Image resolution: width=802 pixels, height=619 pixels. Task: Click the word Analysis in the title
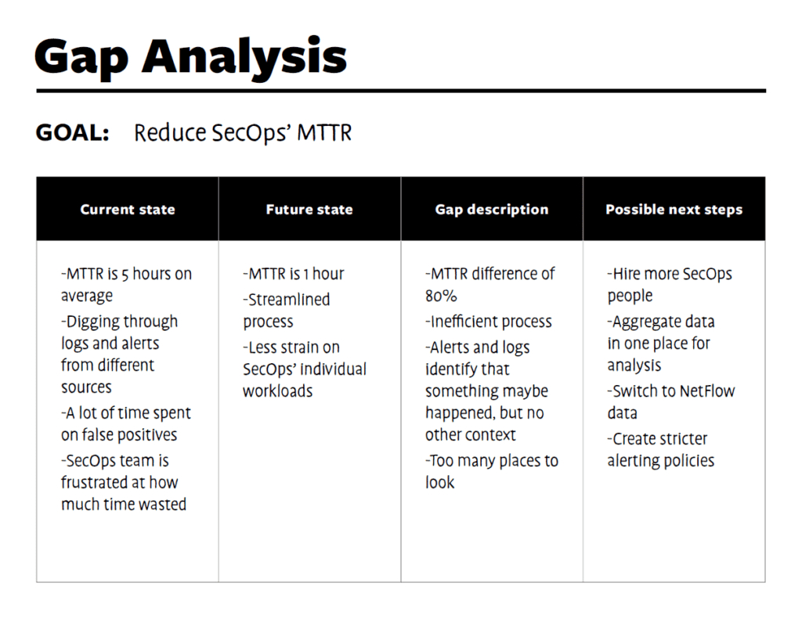pyautogui.click(x=245, y=56)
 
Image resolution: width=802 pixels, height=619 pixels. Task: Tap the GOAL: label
pyautogui.click(x=72, y=133)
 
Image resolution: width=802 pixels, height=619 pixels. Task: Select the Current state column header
pyautogui.click(x=128, y=210)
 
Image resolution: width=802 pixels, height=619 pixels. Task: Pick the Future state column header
pyautogui.click(x=309, y=210)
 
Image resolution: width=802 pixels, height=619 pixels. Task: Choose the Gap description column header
pyautogui.click(x=492, y=210)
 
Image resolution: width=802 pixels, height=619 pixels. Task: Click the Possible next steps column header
pyautogui.click(x=674, y=210)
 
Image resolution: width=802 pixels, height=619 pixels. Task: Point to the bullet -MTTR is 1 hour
pyautogui.click(x=294, y=274)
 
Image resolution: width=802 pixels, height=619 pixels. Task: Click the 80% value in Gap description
pyautogui.click(x=442, y=296)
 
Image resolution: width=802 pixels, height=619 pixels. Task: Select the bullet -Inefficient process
pyautogui.click(x=489, y=322)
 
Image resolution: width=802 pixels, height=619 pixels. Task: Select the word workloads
pyautogui.click(x=278, y=391)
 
